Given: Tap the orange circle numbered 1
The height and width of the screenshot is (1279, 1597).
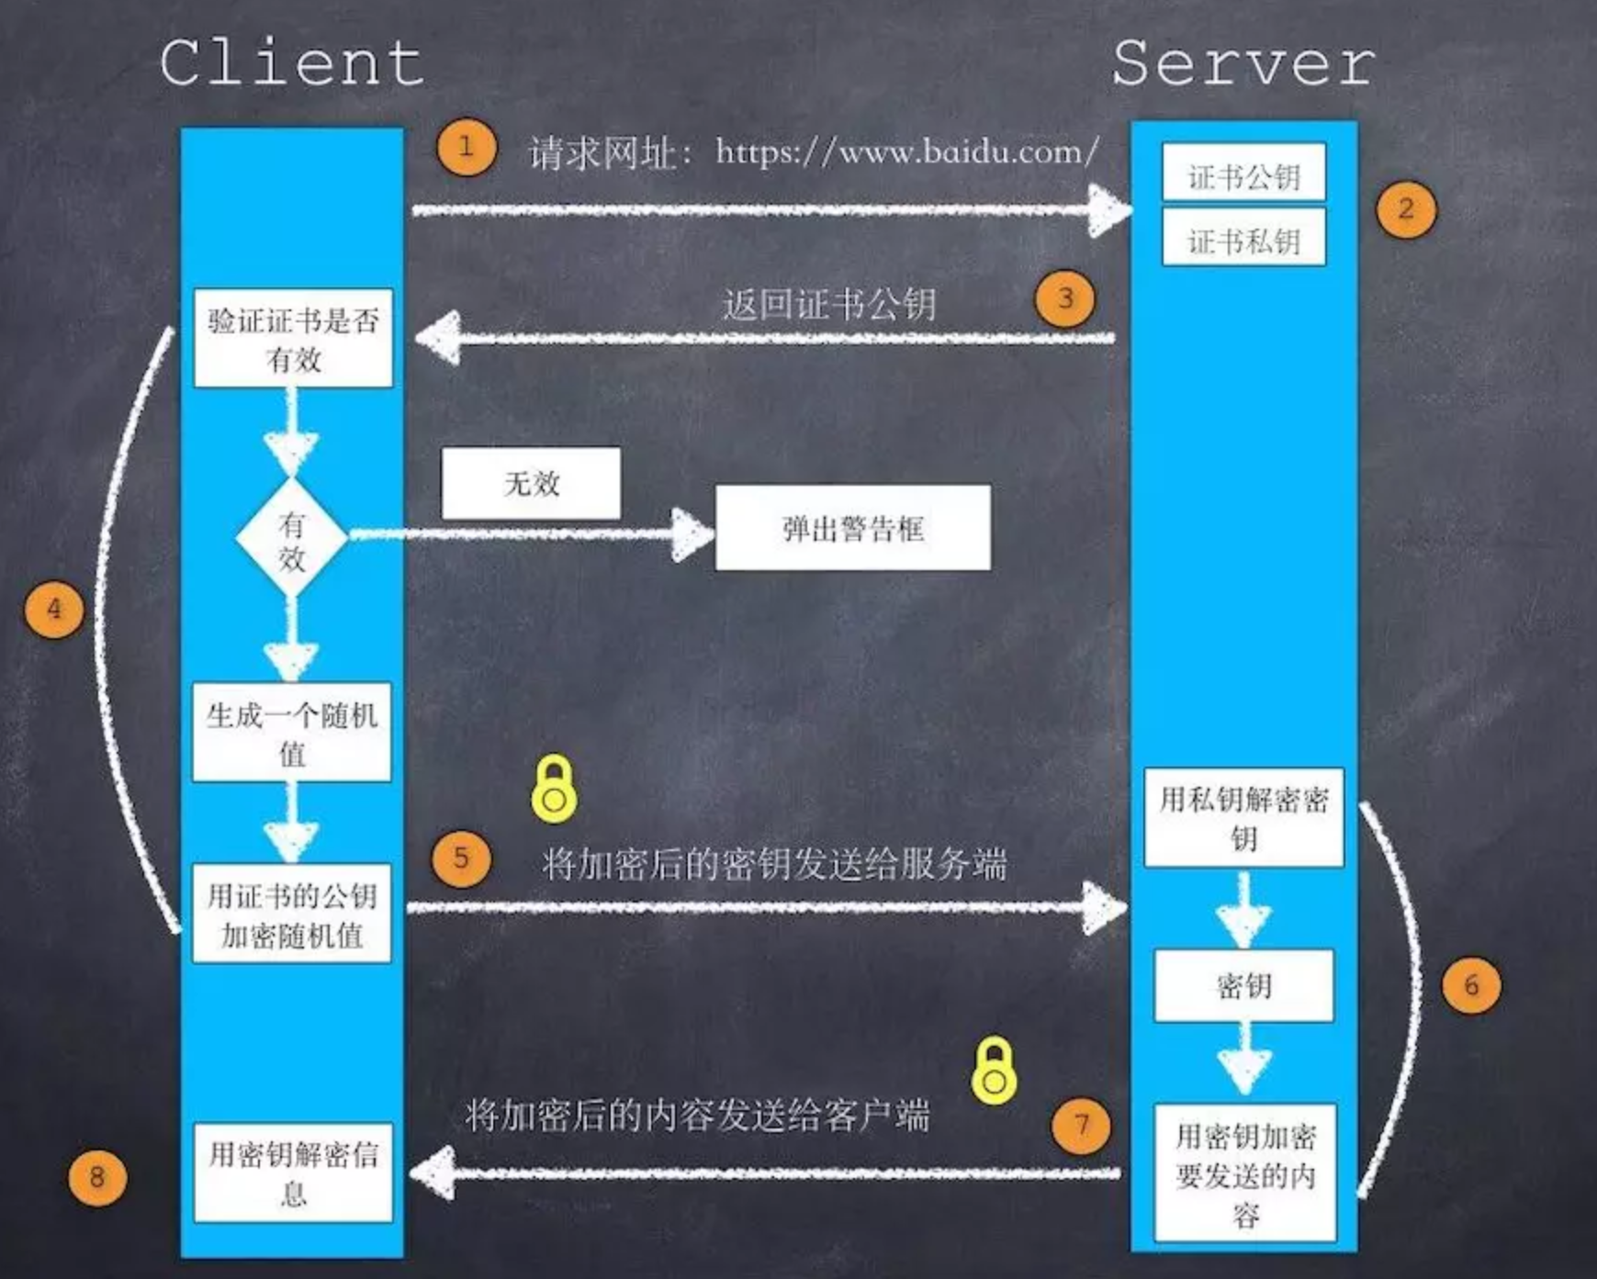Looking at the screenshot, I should point(467,147).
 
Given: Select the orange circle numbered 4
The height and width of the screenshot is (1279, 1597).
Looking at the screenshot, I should point(54,610).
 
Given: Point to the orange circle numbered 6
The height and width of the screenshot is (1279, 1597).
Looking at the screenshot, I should point(1471,985).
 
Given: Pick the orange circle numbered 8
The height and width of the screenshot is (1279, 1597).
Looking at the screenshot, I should point(96,1177).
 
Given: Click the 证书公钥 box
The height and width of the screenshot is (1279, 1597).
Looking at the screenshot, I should point(1243,173).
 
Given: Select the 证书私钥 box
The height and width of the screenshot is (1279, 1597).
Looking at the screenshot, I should point(1243,238).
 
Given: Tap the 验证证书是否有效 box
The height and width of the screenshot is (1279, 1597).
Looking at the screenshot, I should point(293,339).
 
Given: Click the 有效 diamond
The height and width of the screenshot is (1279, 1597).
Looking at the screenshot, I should point(292,539).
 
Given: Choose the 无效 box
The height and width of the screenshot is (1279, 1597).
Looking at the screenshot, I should point(531,483).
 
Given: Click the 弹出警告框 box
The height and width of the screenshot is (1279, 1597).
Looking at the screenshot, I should point(852,528).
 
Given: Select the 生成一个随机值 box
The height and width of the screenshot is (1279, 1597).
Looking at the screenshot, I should point(292,733).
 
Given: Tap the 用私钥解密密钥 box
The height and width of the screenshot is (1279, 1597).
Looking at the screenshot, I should point(1243,818).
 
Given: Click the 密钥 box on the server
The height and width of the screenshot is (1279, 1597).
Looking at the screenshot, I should point(1243,986).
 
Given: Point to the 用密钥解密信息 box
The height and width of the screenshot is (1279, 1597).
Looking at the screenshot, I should point(293,1172).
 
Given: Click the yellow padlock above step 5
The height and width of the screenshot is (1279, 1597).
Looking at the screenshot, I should point(554,789).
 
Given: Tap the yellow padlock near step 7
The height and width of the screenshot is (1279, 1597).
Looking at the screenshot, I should point(994,1071).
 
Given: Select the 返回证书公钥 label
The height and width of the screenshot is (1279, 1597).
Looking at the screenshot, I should point(828,304).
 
